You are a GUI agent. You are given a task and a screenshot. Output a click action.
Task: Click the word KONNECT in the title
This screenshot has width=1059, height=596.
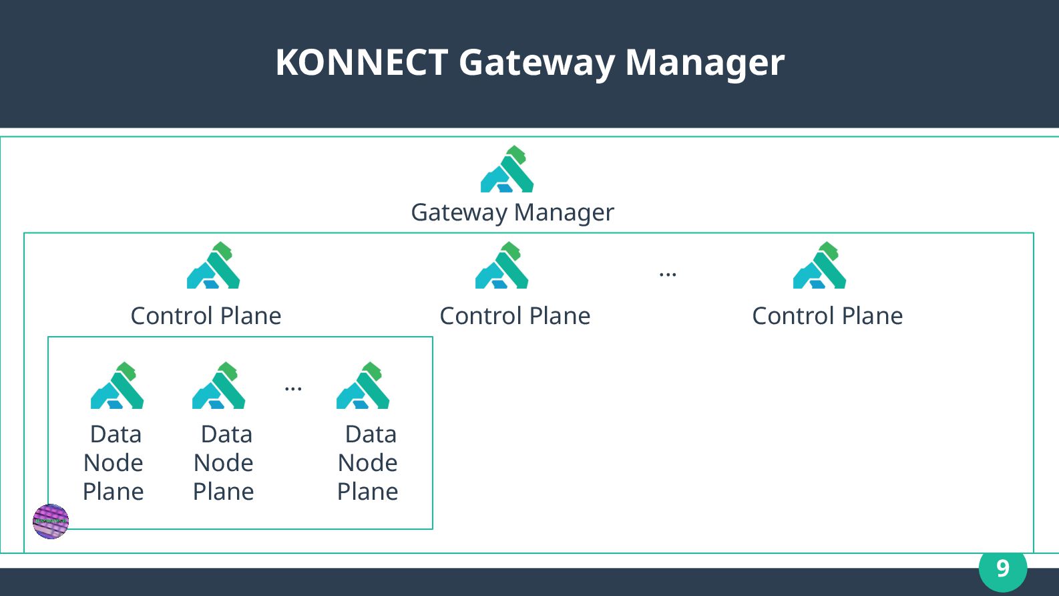tap(361, 62)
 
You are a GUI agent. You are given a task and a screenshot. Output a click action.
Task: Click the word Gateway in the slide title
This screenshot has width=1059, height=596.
tap(537, 63)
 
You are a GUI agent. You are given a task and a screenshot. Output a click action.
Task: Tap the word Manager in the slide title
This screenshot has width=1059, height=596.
tap(704, 63)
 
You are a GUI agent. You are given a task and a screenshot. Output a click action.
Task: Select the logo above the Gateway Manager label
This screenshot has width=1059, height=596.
tap(507, 170)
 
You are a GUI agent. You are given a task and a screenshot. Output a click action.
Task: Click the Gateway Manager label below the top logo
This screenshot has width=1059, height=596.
tap(512, 212)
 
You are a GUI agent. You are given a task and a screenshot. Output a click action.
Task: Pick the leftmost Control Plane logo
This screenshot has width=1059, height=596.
tap(213, 266)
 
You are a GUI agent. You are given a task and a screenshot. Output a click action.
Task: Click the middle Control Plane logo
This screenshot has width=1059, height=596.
tap(502, 266)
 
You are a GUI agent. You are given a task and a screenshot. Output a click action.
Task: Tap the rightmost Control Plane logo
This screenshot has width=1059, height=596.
tap(819, 266)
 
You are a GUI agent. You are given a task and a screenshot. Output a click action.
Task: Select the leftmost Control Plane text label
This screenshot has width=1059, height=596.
tap(206, 316)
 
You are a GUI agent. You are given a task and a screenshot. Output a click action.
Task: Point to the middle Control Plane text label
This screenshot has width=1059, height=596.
tap(515, 316)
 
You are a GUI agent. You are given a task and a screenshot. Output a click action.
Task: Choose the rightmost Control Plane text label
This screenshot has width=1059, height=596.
tap(827, 316)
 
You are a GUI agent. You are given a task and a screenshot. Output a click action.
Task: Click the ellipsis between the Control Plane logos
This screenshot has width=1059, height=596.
tap(668, 274)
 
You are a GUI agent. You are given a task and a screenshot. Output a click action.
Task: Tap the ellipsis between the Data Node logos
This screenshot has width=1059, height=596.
tap(293, 388)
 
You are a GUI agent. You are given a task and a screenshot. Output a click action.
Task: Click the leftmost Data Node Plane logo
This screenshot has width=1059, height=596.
tap(117, 386)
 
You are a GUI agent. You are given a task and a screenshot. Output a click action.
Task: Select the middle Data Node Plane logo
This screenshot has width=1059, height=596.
tap(218, 386)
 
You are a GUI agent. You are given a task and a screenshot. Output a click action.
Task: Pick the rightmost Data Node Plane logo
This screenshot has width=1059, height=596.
tap(363, 386)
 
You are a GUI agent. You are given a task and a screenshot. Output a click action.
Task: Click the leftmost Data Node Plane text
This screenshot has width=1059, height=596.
tap(114, 463)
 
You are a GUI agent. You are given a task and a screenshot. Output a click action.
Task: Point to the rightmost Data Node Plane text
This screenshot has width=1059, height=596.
tap(368, 463)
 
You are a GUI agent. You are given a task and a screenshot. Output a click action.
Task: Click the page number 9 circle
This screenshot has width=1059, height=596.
tap(1002, 568)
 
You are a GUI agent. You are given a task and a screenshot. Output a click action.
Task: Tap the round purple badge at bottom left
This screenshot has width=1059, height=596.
tap(51, 521)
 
